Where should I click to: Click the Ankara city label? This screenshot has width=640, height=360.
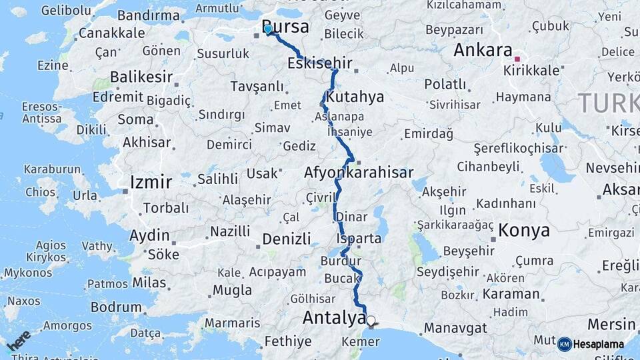[483, 50]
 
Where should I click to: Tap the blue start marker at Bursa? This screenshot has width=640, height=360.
[268, 29]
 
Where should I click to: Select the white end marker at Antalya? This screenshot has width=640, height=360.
[371, 321]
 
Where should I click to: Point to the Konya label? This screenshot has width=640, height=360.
[525, 231]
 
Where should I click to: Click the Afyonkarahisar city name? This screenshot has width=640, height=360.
[359, 173]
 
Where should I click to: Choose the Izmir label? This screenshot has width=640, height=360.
[151, 182]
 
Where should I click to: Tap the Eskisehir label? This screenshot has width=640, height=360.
[320, 64]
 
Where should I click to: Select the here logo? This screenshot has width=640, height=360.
[18, 341]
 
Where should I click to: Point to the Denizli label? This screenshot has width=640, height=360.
[287, 239]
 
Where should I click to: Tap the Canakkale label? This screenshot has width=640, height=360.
[111, 33]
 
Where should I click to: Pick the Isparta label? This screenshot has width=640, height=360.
[359, 238]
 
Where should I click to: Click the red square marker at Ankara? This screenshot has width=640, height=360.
[517, 59]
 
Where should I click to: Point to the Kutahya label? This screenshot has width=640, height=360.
[355, 97]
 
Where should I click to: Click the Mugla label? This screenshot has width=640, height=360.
[232, 290]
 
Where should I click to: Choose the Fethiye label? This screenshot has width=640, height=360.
[288, 341]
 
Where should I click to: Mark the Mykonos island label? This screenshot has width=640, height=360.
[27, 273]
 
